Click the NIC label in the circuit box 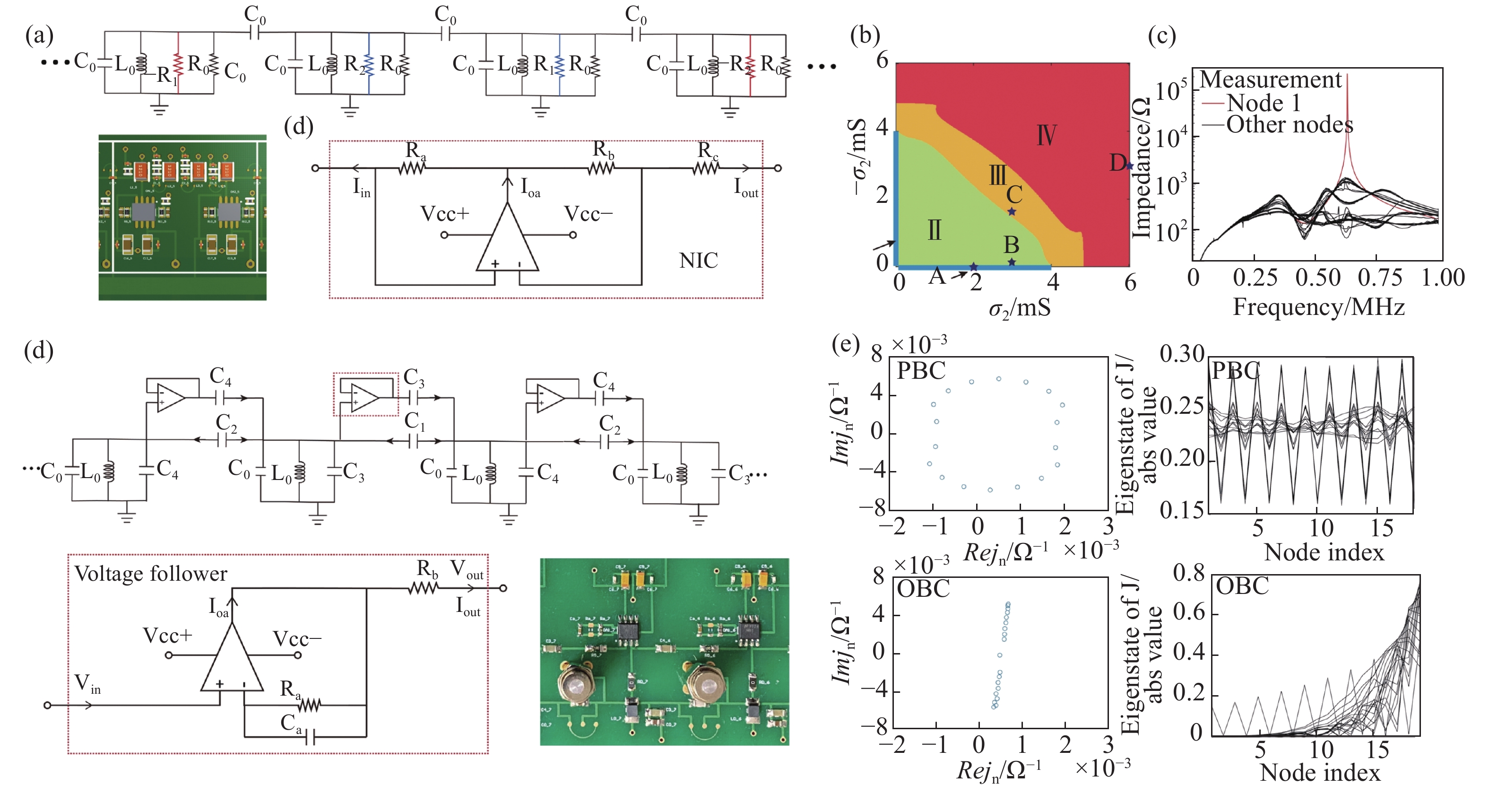coord(698,261)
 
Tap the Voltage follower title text coord(151,574)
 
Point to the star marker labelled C coord(1012,212)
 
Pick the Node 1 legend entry coord(1263,104)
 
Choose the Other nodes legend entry coord(1289,125)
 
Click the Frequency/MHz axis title coord(1318,306)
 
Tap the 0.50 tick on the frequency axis coord(1317,278)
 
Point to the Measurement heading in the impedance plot coord(1271,80)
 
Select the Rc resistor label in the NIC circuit coord(708,151)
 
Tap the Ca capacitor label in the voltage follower coord(291,724)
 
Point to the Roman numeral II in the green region coord(934,231)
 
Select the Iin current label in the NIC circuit coord(362,187)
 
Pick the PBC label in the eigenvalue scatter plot coord(921,371)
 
